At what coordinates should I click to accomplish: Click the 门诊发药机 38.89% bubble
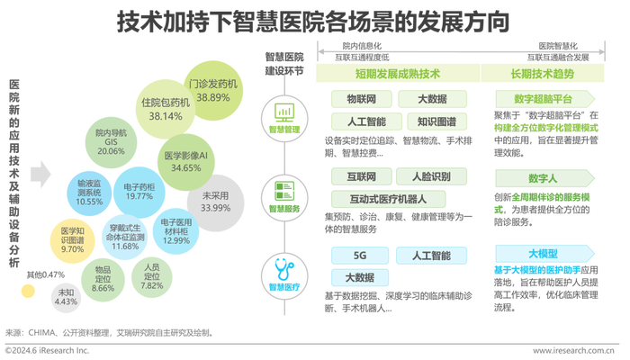pyautogui.click(x=213, y=90)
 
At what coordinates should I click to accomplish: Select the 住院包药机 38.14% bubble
pyautogui.click(x=165, y=109)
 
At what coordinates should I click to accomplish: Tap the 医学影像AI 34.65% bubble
pyautogui.click(x=185, y=162)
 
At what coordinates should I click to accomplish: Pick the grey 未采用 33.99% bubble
pyautogui.click(x=215, y=202)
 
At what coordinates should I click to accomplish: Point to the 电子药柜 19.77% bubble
pyautogui.click(x=139, y=193)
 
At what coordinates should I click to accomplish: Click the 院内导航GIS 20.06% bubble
pyautogui.click(x=111, y=142)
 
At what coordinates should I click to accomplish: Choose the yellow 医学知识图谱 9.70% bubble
pyautogui.click(x=72, y=241)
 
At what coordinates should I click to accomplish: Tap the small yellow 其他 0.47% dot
pyautogui.click(x=28, y=291)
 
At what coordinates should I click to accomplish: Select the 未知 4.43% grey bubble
pyautogui.click(x=66, y=298)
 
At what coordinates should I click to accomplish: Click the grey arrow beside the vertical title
pyautogui.click(x=40, y=175)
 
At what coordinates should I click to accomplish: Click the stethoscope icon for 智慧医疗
pyautogui.click(x=284, y=269)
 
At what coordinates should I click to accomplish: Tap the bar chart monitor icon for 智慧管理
pyautogui.click(x=284, y=112)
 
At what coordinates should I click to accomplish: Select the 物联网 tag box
pyautogui.click(x=361, y=99)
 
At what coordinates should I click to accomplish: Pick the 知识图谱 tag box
pyautogui.click(x=436, y=121)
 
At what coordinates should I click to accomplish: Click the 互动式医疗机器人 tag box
pyautogui.click(x=388, y=199)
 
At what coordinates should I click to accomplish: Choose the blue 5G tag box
pyautogui.click(x=360, y=256)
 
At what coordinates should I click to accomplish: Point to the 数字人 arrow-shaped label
pyautogui.click(x=544, y=178)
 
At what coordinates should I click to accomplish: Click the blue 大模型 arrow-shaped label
pyautogui.click(x=544, y=254)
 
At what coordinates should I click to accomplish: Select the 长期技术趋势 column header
pyautogui.click(x=543, y=74)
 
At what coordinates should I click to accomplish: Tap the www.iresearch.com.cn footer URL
pyautogui.click(x=573, y=351)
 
